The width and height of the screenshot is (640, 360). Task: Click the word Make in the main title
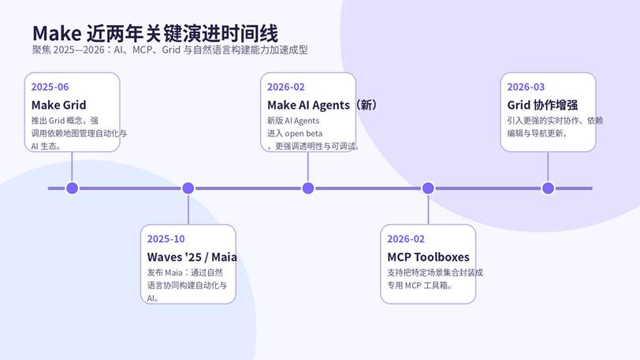click(57, 33)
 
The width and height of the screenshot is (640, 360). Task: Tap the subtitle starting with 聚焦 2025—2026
click(169, 50)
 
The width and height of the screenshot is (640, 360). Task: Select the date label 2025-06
click(50, 87)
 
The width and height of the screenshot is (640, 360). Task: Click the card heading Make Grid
click(59, 106)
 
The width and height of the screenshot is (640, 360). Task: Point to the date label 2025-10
click(166, 239)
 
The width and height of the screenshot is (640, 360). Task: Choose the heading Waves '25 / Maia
click(192, 257)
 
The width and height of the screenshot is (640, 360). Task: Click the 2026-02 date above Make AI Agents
click(285, 87)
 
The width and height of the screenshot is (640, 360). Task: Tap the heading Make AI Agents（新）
click(322, 106)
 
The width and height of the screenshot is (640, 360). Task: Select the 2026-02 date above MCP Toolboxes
click(406, 239)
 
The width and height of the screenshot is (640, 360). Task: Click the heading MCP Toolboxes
click(428, 257)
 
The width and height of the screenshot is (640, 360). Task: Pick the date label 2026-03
click(526, 87)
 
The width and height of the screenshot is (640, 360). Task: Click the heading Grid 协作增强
click(542, 106)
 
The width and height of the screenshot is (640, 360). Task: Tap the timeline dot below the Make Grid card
click(73, 188)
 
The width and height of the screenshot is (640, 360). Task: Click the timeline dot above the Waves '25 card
click(188, 188)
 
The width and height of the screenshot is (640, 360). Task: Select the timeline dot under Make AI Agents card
click(308, 188)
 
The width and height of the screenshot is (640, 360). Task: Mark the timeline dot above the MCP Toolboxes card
click(428, 188)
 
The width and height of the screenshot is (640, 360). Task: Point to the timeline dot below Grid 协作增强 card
click(548, 188)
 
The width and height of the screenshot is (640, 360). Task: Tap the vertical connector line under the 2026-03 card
click(548, 167)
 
